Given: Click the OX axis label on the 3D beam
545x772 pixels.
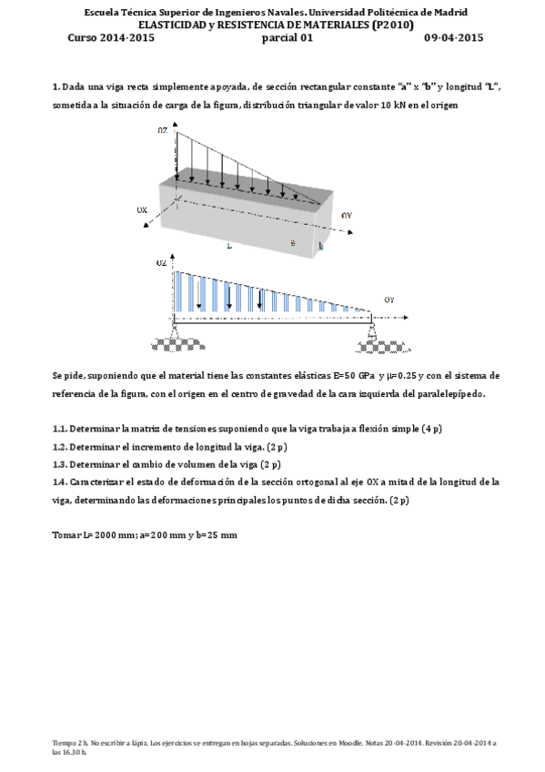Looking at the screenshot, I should [x=142, y=210].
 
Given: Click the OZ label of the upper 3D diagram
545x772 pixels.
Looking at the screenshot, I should [x=162, y=131].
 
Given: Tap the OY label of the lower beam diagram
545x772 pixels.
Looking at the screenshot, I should [x=389, y=299].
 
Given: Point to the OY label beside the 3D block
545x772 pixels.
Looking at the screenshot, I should [x=346, y=215].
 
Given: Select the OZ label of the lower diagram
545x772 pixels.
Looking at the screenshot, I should [x=162, y=262].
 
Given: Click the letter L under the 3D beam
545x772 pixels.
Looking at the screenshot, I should [x=229, y=246].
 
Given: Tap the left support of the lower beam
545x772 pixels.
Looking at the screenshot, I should [x=174, y=339].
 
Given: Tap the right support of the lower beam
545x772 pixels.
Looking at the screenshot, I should [x=371, y=339].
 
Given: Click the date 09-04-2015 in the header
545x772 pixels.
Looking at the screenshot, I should [x=453, y=37].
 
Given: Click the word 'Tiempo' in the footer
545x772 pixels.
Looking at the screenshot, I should [x=64, y=744].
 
